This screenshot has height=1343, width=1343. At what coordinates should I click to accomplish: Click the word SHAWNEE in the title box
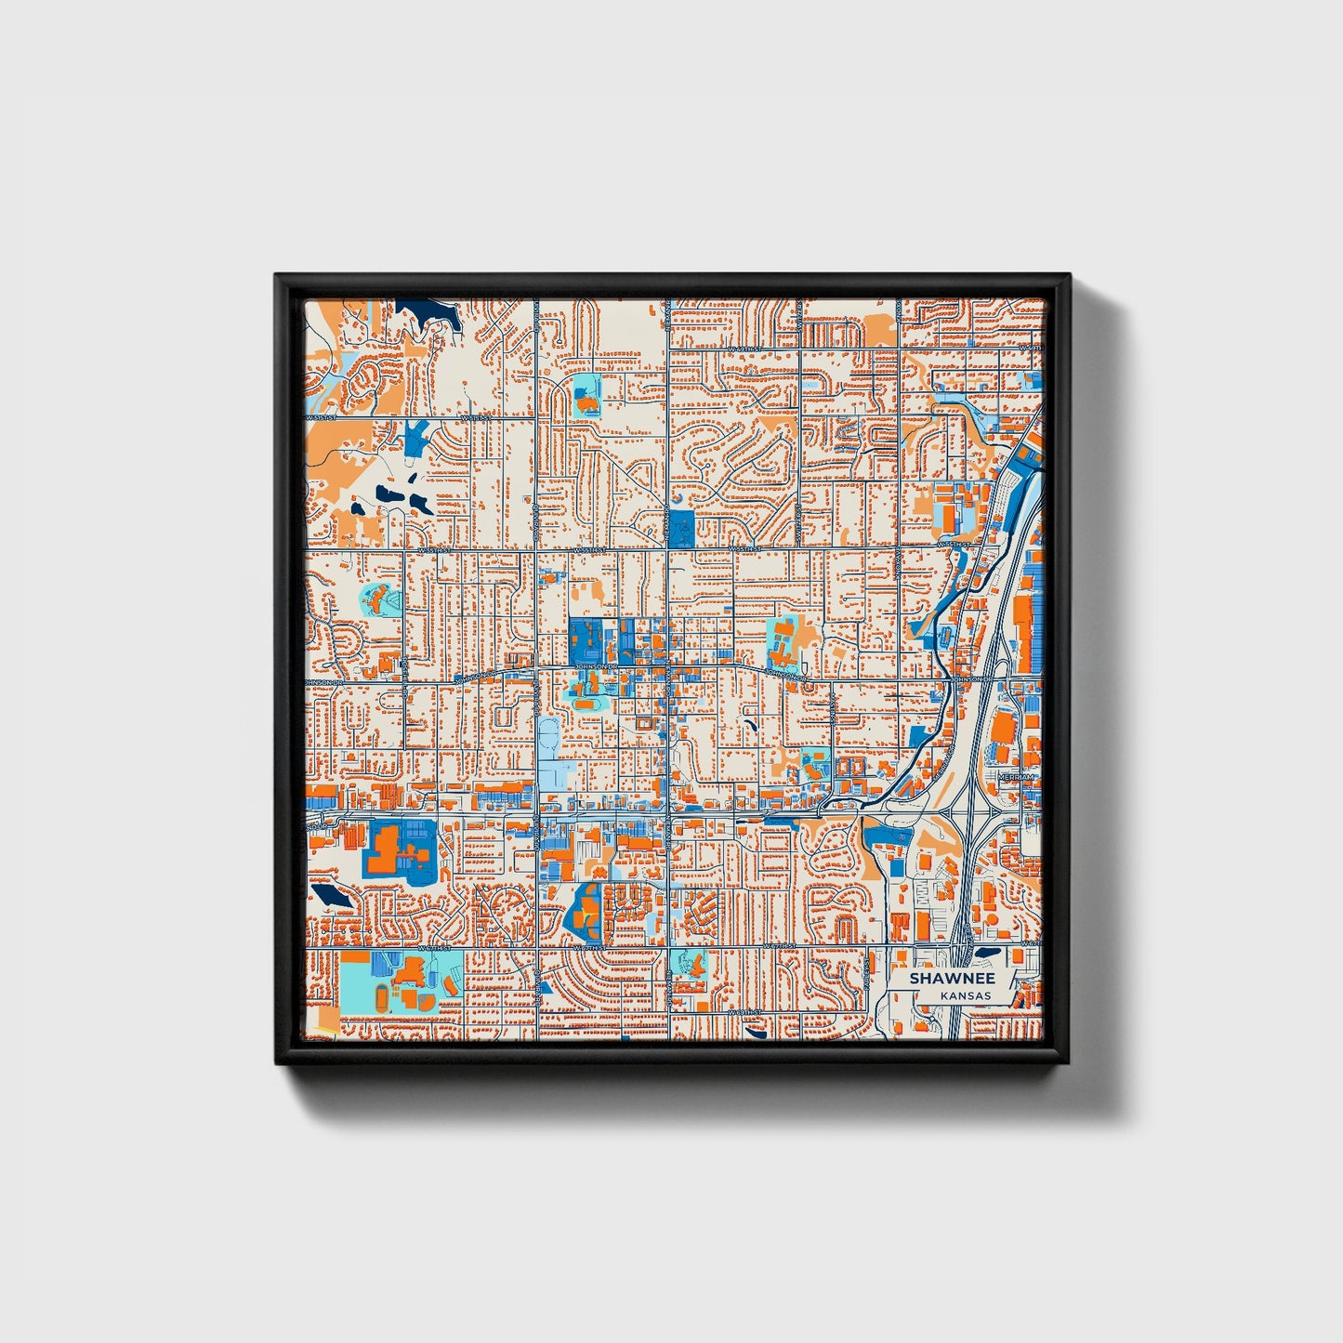(x=952, y=979)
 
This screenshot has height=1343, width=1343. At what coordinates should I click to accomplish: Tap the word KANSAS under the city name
(x=965, y=995)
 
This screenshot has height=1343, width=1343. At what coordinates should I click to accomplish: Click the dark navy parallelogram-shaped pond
(x=328, y=895)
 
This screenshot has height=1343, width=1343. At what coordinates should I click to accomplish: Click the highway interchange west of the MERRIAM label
(x=967, y=809)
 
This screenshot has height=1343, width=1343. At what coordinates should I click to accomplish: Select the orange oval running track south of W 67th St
(x=382, y=998)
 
